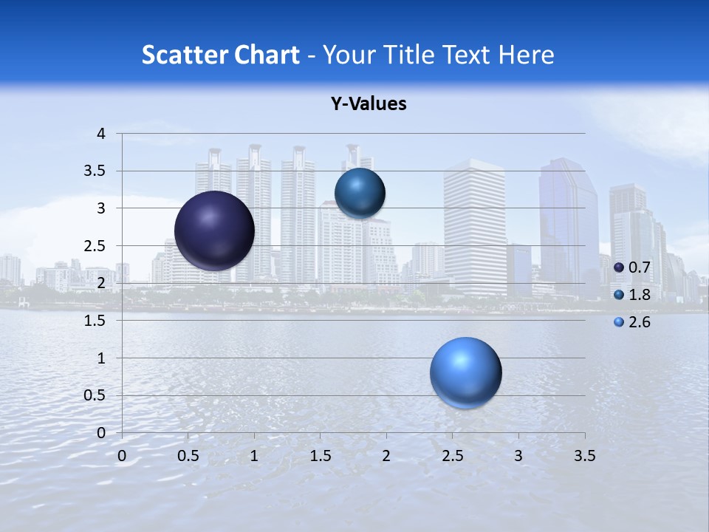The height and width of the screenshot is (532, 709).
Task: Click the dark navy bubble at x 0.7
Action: [x=215, y=231]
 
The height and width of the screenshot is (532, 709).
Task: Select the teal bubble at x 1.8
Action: [x=360, y=193]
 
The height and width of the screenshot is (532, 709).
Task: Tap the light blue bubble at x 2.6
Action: [x=465, y=372]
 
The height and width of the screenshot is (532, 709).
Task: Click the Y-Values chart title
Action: [x=369, y=104]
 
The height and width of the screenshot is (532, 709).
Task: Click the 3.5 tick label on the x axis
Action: [x=584, y=456]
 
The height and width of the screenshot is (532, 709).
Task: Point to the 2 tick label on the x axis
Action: [x=386, y=456]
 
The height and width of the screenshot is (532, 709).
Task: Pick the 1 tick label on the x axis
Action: [x=254, y=456]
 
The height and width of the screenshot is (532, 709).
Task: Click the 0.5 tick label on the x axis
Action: [x=188, y=456]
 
